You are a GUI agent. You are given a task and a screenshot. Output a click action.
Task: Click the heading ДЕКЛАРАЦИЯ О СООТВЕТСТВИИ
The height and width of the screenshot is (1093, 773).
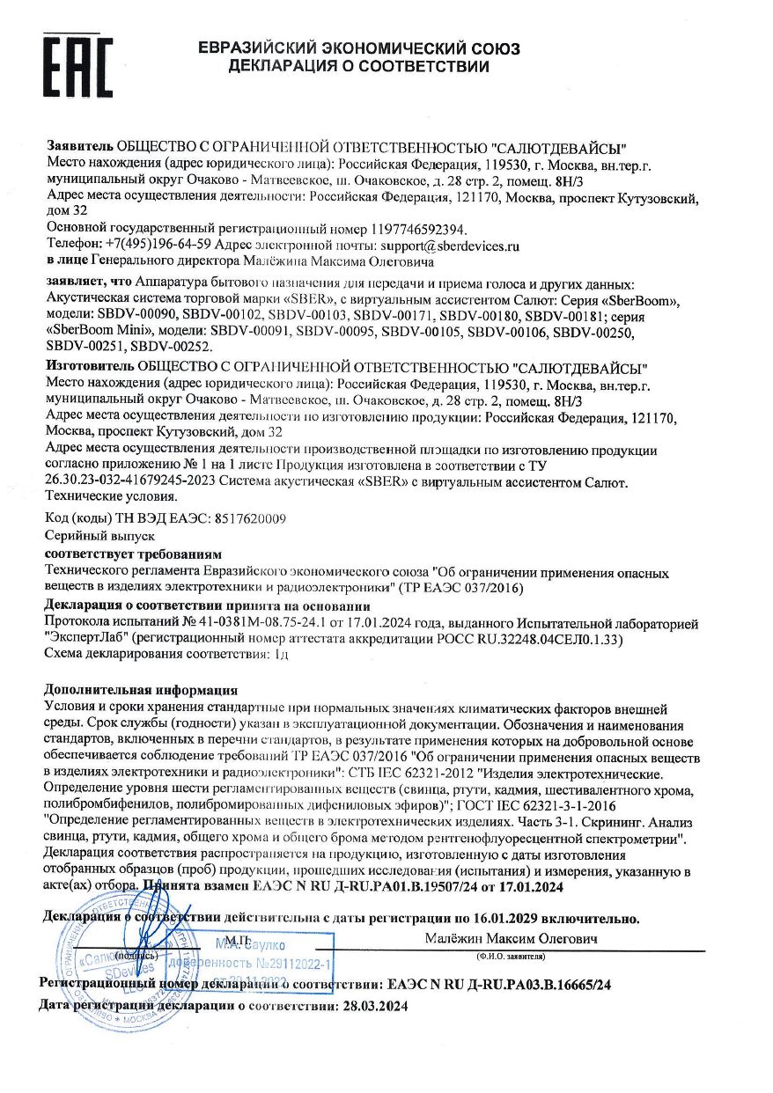click(x=358, y=66)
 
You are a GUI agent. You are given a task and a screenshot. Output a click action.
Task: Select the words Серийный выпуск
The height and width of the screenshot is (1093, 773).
click(x=86, y=535)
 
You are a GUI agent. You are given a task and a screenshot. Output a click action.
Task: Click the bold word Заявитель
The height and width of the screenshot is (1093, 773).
click(x=79, y=146)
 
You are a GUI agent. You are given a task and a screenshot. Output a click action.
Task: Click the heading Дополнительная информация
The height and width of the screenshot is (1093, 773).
click(x=140, y=690)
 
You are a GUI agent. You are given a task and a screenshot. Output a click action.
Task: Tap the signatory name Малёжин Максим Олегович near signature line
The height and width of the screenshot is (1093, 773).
click(x=511, y=938)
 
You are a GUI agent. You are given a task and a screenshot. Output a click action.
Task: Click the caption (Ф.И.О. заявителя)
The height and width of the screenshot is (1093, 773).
click(x=511, y=955)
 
